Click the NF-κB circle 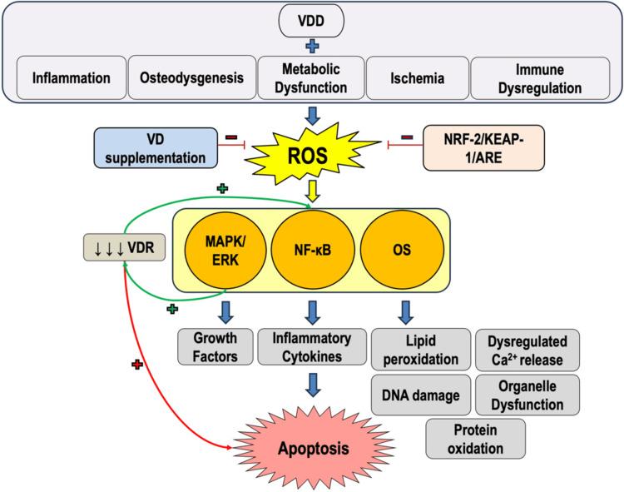(x=313, y=250)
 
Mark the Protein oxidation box (x=475, y=438)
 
